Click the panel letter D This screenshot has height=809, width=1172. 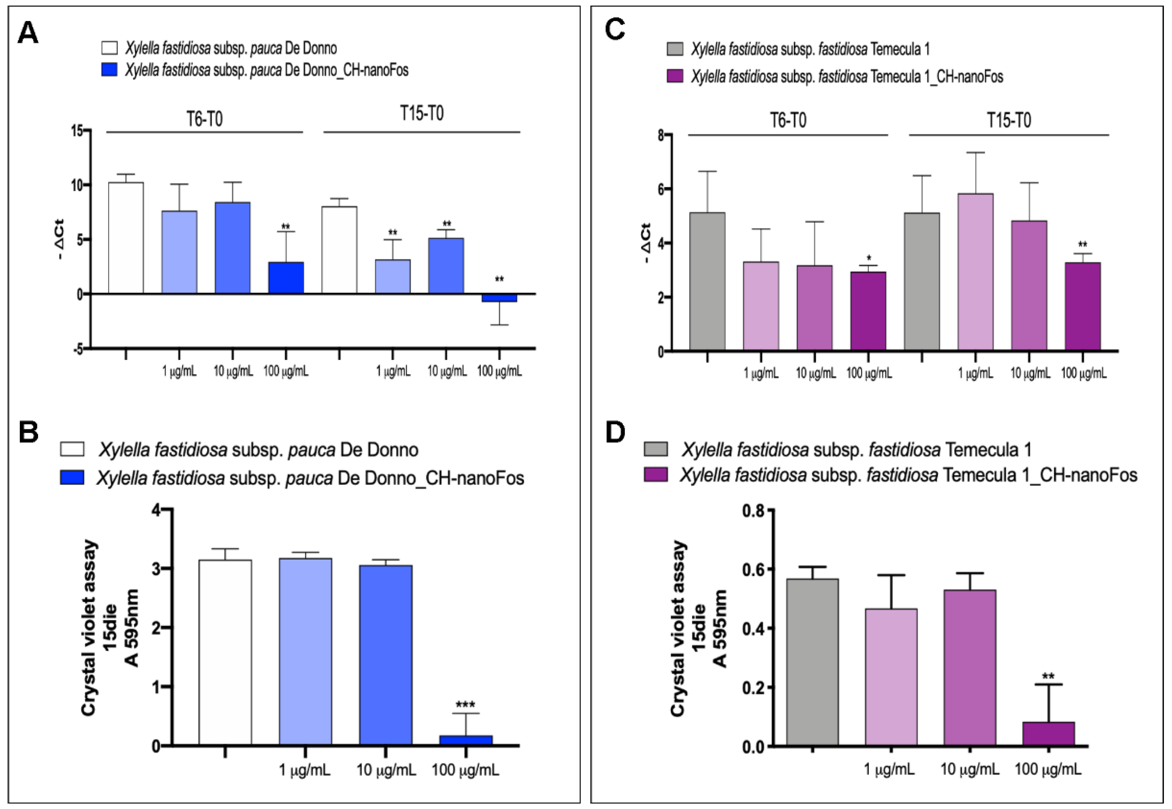point(616,432)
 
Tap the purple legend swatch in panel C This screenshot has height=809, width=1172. point(674,76)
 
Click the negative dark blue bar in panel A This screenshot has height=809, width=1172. point(499,298)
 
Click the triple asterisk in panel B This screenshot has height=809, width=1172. point(465,705)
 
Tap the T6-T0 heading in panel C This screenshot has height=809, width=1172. point(788,121)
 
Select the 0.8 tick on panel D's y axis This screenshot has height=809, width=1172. point(753,510)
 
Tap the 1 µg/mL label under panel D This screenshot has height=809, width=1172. point(889,770)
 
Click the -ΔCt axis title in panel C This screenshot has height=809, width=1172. point(647,243)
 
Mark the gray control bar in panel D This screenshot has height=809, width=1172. point(812,662)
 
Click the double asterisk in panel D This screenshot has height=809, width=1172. point(1048,676)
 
